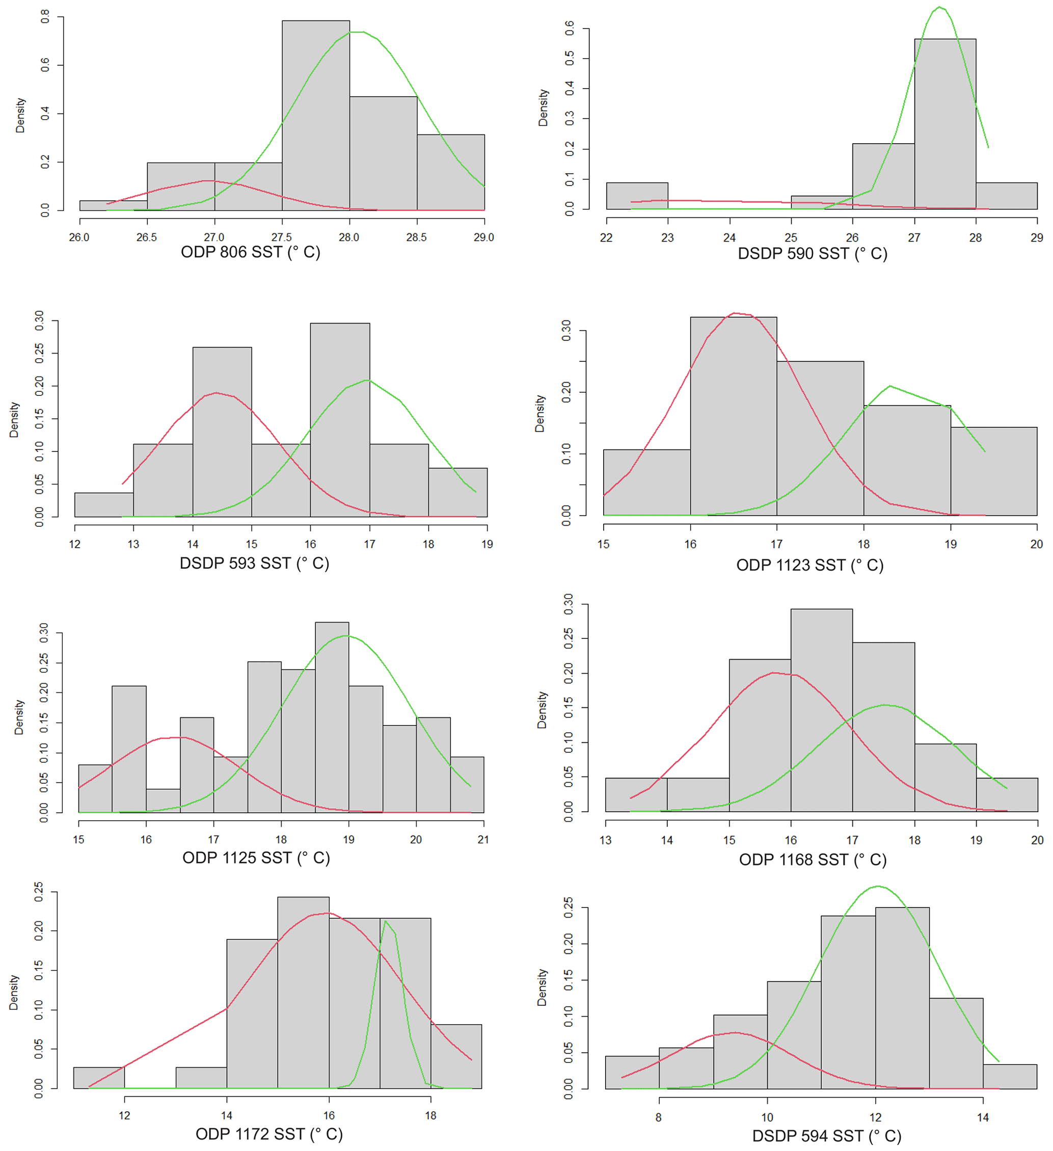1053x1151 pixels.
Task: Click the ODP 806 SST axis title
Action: point(251,252)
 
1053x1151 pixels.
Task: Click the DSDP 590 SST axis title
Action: point(812,254)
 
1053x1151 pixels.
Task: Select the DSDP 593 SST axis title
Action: point(254,564)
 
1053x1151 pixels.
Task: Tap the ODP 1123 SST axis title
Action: point(809,565)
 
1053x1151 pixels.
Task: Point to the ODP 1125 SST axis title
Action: point(256,858)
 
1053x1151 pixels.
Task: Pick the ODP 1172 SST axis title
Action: point(269,1134)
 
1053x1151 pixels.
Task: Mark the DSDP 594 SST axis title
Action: point(826,1136)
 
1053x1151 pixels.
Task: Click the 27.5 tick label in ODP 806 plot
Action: point(281,237)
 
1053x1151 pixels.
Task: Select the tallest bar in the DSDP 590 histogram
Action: point(944,126)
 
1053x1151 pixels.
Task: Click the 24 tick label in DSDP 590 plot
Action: point(729,238)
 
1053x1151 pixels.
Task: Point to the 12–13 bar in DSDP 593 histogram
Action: point(104,505)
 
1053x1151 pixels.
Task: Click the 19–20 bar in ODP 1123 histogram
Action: point(993,472)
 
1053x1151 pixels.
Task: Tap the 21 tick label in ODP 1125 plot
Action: point(483,839)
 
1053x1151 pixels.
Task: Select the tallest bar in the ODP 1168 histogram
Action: point(821,711)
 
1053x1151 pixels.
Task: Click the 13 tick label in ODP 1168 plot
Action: point(605,840)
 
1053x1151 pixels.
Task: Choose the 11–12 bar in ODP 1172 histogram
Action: point(99,1078)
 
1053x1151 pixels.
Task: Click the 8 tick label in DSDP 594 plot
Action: point(659,1117)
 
